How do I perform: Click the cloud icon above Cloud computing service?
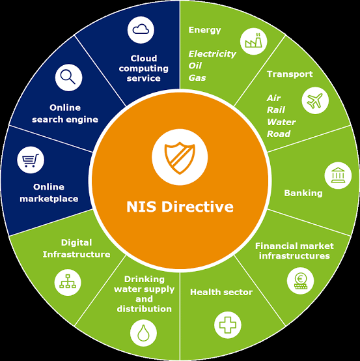point(141,30)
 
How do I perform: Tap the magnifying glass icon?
point(68,78)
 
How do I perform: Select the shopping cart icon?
point(31,160)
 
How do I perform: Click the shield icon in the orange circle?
point(180,158)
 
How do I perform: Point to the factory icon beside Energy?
point(253,42)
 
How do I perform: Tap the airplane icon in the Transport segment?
point(315,100)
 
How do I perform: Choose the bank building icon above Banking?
point(338,176)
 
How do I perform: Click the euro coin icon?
point(300,281)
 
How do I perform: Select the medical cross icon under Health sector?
point(227,325)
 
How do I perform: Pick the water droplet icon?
point(143,333)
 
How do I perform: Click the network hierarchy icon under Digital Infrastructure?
point(68,282)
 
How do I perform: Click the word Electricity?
point(212,54)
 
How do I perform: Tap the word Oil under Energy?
point(195,66)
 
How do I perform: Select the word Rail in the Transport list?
point(276,110)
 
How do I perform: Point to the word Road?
point(279,134)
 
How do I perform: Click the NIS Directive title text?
point(180,207)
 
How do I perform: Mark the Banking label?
point(303,193)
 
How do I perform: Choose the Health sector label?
point(221,292)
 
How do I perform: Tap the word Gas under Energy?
point(197,78)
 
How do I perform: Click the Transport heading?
point(290,74)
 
